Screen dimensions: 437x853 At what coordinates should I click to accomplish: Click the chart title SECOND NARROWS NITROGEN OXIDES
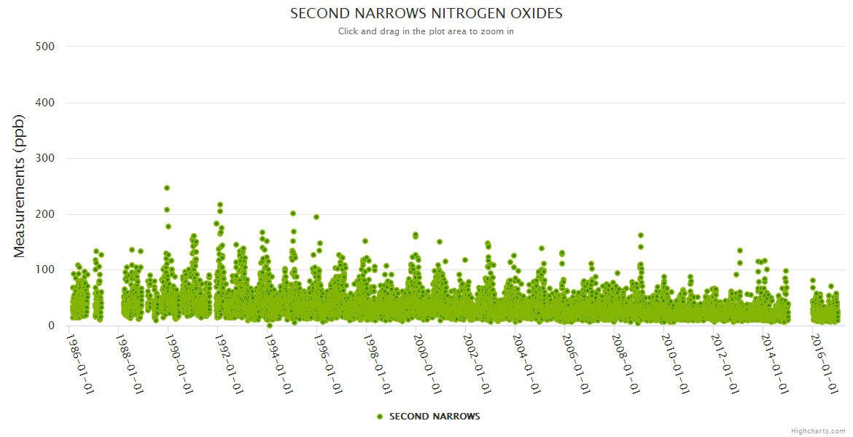click(x=426, y=14)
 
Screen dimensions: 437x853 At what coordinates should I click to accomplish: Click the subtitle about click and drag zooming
click(x=426, y=31)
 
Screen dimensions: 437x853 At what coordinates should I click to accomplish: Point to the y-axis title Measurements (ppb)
click(x=20, y=186)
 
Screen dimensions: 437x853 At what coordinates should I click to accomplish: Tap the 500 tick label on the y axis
click(x=45, y=47)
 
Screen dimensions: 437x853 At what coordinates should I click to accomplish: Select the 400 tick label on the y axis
click(x=45, y=103)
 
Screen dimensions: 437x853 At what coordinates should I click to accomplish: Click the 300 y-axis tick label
click(x=45, y=158)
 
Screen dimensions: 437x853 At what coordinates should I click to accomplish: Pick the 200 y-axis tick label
click(x=45, y=214)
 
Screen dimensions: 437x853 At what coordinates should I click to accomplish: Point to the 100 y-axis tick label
click(x=45, y=269)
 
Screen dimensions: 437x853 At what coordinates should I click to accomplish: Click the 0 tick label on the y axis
click(x=51, y=326)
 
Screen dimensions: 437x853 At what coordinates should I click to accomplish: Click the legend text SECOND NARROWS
click(x=435, y=417)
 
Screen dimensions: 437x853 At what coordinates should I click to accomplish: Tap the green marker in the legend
click(x=379, y=417)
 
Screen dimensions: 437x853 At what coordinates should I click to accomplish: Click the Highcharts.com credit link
click(x=818, y=431)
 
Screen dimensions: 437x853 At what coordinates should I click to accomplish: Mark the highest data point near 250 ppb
click(x=167, y=188)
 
